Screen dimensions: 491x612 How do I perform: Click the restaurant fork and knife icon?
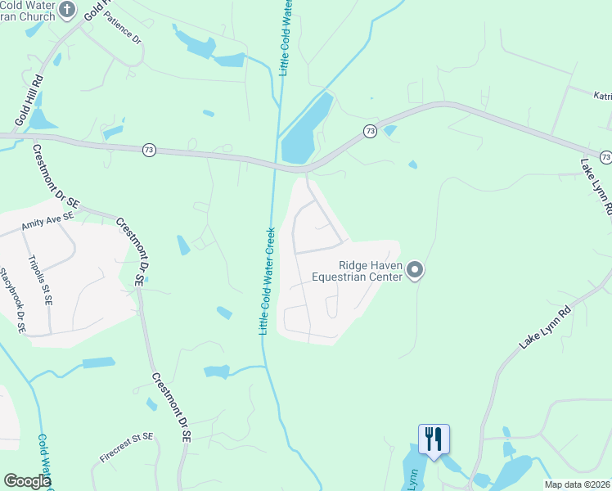click(434, 439)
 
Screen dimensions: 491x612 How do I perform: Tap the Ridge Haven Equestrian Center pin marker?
click(416, 270)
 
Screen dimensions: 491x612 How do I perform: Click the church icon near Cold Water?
click(68, 11)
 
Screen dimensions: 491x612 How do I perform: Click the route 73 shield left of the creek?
click(148, 150)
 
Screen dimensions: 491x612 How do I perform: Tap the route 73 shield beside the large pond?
click(371, 131)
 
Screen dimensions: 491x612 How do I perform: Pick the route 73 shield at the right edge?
click(605, 156)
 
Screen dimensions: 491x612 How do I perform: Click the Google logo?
click(27, 481)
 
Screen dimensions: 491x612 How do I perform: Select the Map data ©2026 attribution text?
click(577, 484)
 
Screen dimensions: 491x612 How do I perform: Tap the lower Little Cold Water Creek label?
click(263, 281)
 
